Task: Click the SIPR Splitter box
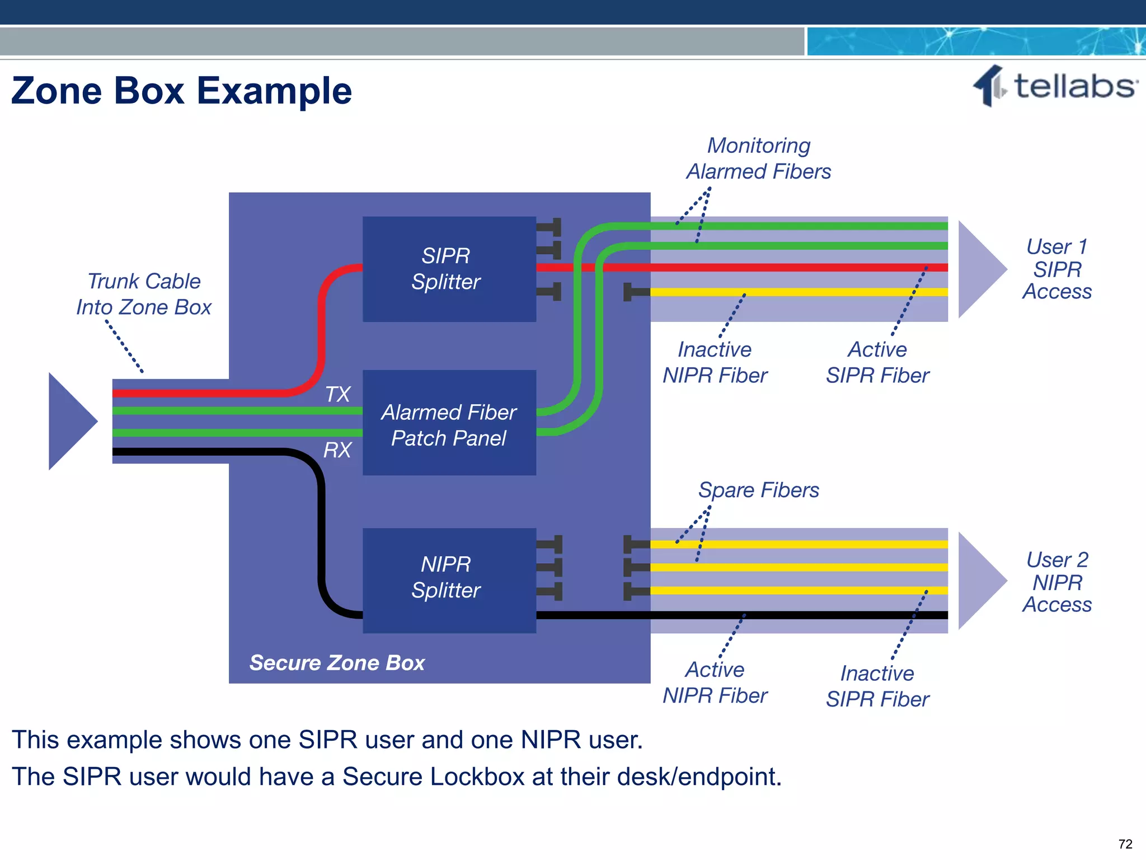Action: tap(449, 269)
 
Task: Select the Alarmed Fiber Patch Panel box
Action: tap(449, 423)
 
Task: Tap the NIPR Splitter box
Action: tap(449, 579)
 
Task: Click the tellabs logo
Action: tap(1055, 87)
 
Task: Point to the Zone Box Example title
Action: tap(181, 91)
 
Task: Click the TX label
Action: tap(337, 394)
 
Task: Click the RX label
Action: tap(337, 450)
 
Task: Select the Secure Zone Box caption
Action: tap(337, 663)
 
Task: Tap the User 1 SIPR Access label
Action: tap(1056, 269)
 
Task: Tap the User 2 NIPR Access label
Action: tap(1056, 582)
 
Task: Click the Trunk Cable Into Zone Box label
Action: tap(144, 294)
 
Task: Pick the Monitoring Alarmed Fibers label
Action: tap(758, 158)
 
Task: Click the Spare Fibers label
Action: tap(758, 490)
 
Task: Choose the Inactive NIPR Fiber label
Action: tap(715, 362)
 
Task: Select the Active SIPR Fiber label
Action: tap(877, 362)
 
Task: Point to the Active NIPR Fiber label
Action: tap(715, 683)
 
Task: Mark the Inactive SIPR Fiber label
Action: tap(877, 686)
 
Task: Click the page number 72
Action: tap(1125, 844)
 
